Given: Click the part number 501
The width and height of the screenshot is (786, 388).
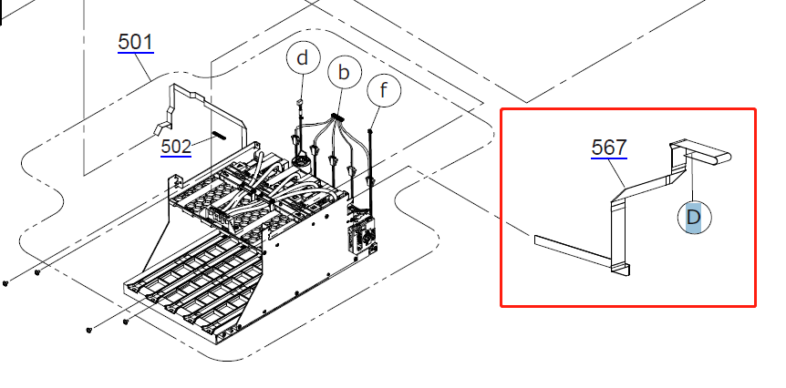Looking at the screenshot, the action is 135,42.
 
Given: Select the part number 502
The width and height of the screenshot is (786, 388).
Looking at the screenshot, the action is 176,147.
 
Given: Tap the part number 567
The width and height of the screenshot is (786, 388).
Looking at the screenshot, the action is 609,148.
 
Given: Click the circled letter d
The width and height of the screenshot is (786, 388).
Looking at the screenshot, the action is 302,58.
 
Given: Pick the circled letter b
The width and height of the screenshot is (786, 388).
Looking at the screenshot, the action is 344,73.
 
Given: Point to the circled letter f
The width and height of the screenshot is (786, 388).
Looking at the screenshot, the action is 384,91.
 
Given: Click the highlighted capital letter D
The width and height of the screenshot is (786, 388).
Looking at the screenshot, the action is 694,218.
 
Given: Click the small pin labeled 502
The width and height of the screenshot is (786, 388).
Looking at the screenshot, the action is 220,136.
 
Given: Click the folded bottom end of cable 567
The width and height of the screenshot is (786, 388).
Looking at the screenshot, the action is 621,269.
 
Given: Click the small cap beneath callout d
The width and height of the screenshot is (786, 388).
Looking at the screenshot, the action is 299,103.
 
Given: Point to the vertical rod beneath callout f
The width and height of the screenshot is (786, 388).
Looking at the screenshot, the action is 371,165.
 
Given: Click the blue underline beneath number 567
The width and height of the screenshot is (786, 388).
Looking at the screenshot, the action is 609,158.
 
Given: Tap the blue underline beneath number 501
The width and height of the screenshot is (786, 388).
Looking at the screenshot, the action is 136,51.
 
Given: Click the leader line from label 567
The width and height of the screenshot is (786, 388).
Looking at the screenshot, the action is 617,174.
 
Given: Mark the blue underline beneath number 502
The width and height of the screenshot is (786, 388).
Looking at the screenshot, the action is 176,156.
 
